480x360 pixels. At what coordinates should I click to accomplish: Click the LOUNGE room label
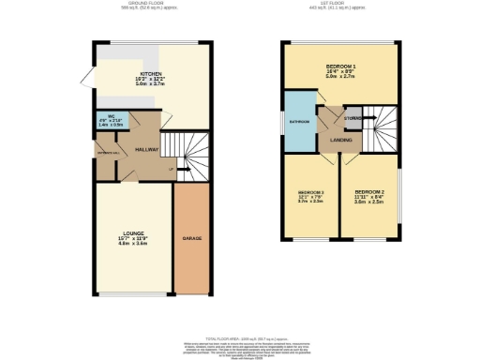[x=134, y=233]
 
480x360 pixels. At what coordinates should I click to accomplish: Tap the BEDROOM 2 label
[x=370, y=190]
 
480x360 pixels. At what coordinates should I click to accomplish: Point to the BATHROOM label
[x=300, y=122]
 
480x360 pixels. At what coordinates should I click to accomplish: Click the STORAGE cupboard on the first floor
[x=352, y=118]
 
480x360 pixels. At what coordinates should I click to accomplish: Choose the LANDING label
[x=340, y=140]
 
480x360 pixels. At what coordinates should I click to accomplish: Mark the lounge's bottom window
[x=134, y=293]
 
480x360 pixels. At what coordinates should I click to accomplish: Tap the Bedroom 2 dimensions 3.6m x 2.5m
[x=370, y=201]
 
